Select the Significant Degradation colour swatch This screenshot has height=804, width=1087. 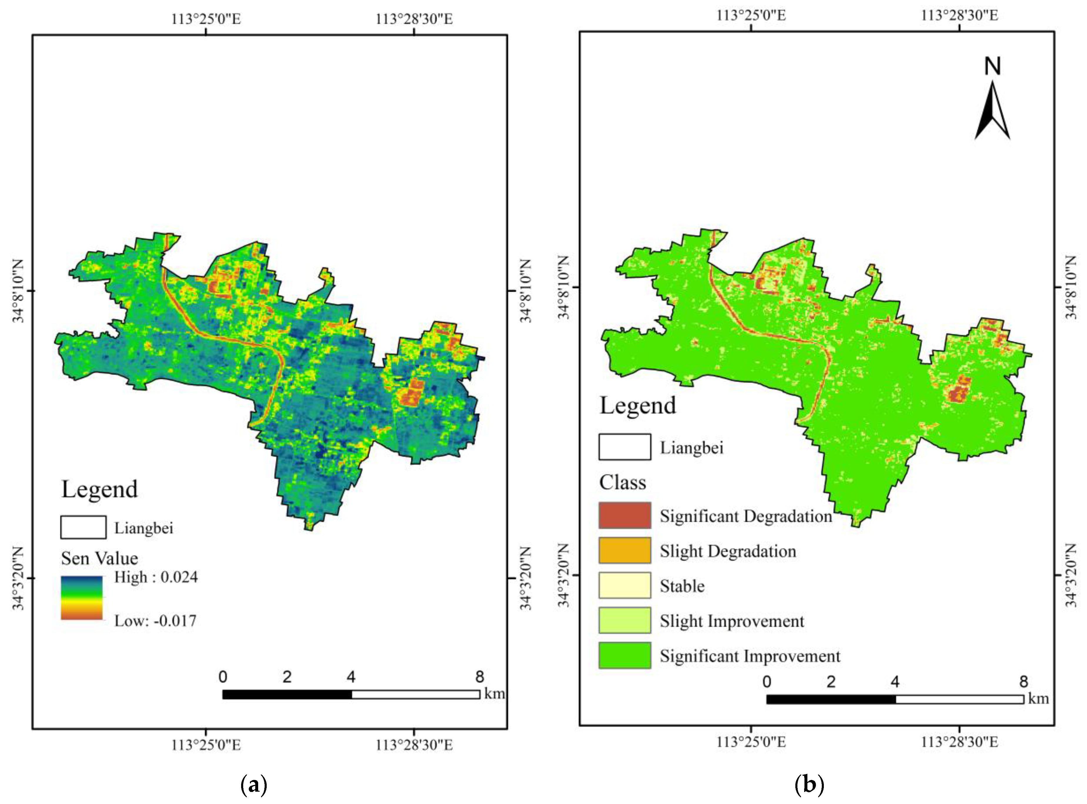tap(624, 515)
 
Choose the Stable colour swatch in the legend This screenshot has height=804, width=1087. tap(624, 585)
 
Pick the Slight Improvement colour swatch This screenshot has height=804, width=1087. tap(624, 620)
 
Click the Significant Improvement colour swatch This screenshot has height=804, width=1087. tap(624, 655)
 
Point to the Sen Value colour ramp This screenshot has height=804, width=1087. tap(82, 598)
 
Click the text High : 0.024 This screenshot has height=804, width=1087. tap(156, 577)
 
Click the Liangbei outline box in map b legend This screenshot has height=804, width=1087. tap(624, 447)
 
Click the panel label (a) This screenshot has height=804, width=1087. tap(254, 785)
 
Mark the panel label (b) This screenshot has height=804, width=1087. tap(809, 785)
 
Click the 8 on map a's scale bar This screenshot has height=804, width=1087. tap(480, 677)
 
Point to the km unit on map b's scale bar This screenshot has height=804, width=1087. tap(1038, 699)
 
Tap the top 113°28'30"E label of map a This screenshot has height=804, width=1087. tap(414, 19)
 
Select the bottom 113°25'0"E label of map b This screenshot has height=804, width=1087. tap(751, 742)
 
